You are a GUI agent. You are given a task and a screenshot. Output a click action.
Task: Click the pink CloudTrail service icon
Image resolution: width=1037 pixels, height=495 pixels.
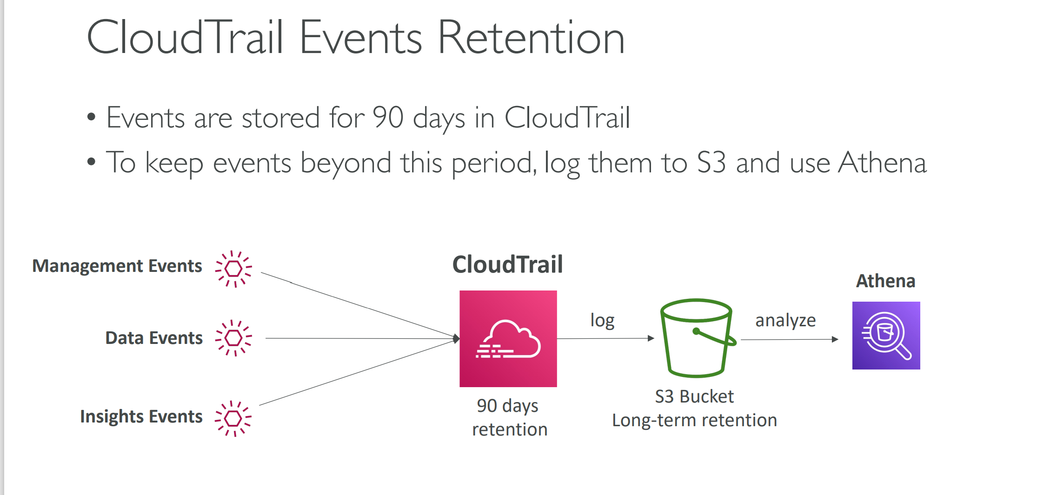tap(508, 339)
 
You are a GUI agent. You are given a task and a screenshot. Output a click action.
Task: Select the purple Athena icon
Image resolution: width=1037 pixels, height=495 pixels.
tap(886, 336)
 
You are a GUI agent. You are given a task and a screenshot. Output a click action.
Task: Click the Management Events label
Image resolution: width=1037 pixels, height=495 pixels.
tap(117, 266)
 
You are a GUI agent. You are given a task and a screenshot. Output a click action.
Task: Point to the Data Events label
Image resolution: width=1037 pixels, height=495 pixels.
tap(154, 338)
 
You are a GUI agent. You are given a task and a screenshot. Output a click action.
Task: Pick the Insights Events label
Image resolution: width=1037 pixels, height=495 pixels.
tap(141, 416)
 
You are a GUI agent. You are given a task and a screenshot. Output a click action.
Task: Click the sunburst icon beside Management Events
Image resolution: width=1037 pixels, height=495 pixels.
tap(233, 269)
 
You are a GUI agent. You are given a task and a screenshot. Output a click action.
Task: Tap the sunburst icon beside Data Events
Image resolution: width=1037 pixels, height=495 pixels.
tap(233, 338)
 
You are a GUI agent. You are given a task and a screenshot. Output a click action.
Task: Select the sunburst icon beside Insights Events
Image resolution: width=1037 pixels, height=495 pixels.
tap(233, 419)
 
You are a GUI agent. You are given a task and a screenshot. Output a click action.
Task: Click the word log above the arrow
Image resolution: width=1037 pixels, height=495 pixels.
tap(602, 321)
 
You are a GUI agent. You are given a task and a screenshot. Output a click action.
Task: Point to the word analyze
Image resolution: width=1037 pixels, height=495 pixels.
tap(785, 320)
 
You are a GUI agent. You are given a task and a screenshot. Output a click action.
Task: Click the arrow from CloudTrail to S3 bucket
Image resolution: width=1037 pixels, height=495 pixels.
tap(605, 338)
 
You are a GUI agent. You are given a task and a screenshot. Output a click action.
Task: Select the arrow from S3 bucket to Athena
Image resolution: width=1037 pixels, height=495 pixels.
tap(790, 339)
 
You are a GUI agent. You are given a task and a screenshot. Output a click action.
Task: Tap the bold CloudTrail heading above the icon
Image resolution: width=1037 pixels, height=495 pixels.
tap(508, 264)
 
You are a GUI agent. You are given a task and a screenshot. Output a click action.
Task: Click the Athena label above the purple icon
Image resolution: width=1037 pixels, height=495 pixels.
tap(886, 281)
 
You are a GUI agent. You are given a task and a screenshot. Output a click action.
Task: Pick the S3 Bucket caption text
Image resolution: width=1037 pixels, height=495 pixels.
tap(694, 396)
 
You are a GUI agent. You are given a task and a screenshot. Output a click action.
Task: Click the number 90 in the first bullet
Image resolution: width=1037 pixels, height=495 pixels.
tap(388, 117)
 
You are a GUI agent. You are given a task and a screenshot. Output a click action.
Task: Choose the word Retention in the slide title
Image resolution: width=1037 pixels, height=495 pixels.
tap(531, 38)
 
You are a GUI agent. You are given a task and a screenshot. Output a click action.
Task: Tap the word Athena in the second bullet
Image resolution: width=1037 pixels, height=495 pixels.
tap(883, 163)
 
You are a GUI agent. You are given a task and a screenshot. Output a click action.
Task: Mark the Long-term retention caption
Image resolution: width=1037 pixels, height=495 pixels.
tap(694, 421)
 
